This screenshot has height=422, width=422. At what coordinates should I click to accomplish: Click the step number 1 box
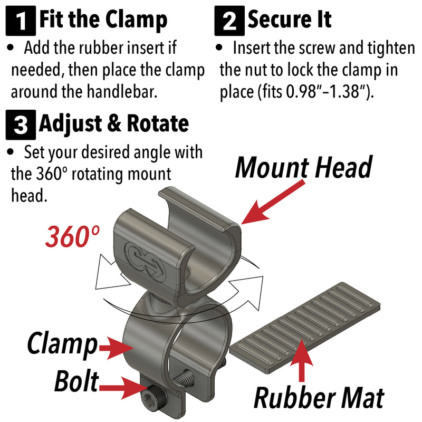coord(21,21)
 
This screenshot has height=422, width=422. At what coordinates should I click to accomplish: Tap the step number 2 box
coord(229,21)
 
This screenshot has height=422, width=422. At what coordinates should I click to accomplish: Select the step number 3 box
coord(21,125)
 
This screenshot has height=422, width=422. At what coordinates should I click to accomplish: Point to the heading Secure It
coord(290,20)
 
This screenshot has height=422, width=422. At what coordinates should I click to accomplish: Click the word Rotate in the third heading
coord(158,123)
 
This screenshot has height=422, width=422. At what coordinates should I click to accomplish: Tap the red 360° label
coord(72,236)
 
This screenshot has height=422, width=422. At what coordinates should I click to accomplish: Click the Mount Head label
coord(304,167)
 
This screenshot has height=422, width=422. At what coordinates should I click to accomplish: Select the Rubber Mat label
coord(319,398)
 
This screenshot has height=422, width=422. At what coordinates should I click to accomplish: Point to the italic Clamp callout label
coord(62,344)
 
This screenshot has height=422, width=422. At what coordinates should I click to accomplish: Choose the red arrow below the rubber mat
coord(302,360)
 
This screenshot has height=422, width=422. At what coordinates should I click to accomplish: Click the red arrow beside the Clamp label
coord(116,348)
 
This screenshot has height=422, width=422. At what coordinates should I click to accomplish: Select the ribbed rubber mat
coord(305,328)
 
